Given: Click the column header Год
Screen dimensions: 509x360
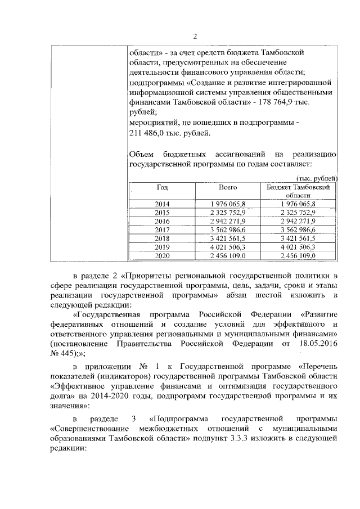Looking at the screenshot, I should [162, 186].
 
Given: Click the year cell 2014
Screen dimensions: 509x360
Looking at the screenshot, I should [162, 204].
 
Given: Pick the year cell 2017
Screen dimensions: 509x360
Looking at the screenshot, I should [162, 229].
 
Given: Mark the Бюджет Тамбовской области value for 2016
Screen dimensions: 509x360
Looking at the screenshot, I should [298, 221].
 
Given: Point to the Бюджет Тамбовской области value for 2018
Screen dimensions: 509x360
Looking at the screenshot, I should [298, 238].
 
